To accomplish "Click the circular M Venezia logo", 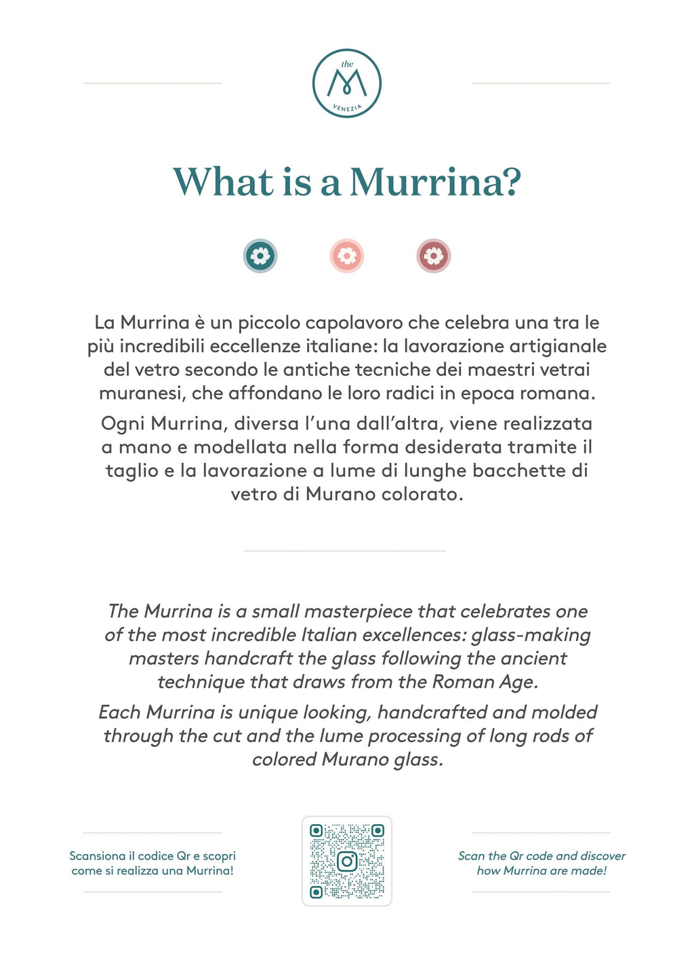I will click(x=346, y=83).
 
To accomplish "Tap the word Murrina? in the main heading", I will click(x=434, y=182).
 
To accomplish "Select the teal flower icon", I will click(x=260, y=256).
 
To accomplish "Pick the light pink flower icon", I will click(x=347, y=256).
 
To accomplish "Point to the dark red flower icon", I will click(x=433, y=256).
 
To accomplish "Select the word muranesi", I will click(x=142, y=393).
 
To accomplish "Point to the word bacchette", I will click(x=518, y=471).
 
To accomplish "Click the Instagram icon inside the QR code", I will click(x=347, y=861).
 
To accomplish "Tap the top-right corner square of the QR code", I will click(x=377, y=831).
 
